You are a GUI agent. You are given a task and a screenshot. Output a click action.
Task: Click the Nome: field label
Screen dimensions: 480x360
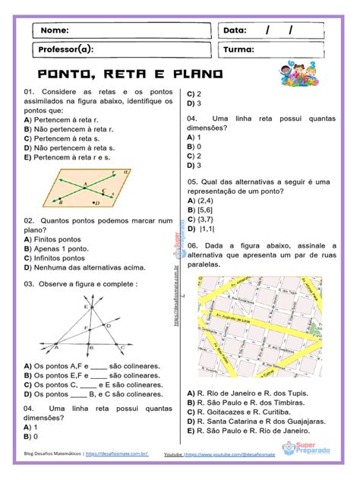(x=54, y=30)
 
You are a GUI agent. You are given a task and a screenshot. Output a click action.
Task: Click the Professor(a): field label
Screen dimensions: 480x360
(x=65, y=50)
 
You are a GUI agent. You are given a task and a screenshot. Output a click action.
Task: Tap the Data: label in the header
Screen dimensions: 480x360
(x=235, y=30)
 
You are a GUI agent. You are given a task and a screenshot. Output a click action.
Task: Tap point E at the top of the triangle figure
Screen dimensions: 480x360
(x=86, y=307)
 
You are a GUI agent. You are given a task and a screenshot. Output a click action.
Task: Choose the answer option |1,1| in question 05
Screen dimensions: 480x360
(x=203, y=228)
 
